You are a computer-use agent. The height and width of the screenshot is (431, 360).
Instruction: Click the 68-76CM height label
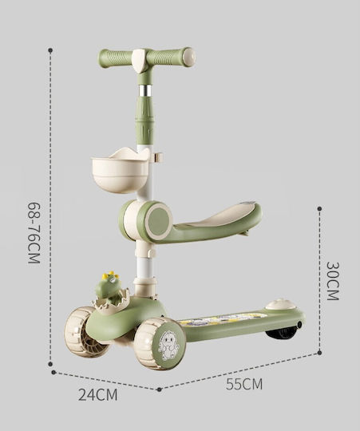point(34,233)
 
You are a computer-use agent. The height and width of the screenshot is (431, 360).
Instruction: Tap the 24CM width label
point(97,395)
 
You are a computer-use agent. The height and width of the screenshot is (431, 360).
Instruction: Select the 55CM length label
point(244,384)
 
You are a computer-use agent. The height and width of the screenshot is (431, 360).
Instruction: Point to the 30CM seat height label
point(334,281)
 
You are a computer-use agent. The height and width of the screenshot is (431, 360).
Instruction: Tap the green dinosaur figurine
point(109,288)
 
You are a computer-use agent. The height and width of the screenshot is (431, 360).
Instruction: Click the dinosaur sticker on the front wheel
point(168,346)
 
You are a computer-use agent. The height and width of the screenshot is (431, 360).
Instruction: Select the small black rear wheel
point(281,333)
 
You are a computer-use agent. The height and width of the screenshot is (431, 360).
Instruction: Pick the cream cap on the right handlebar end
point(189,57)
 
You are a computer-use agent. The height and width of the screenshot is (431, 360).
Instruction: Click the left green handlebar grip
point(116,57)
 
